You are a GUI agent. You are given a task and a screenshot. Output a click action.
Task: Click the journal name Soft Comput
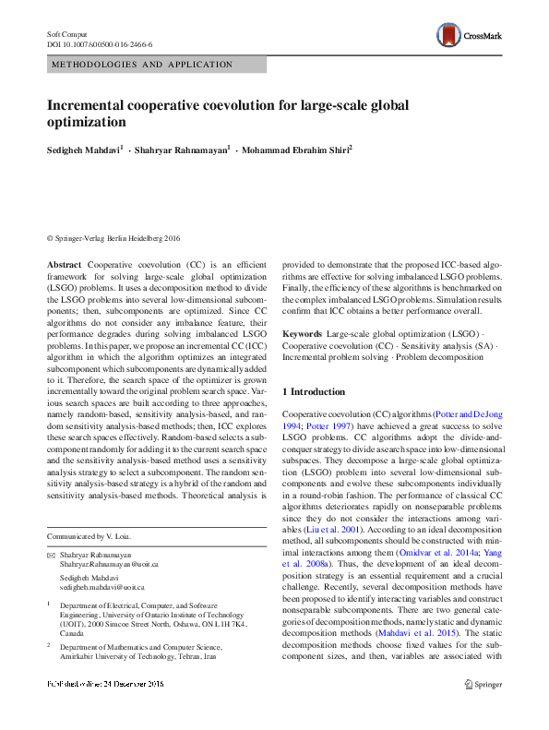coord(66,33)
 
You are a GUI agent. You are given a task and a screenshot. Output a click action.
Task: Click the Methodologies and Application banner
coord(141,65)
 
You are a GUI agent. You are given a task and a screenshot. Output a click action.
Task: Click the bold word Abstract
coord(64,264)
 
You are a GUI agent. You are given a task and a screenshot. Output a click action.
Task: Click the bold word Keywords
coord(302,332)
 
